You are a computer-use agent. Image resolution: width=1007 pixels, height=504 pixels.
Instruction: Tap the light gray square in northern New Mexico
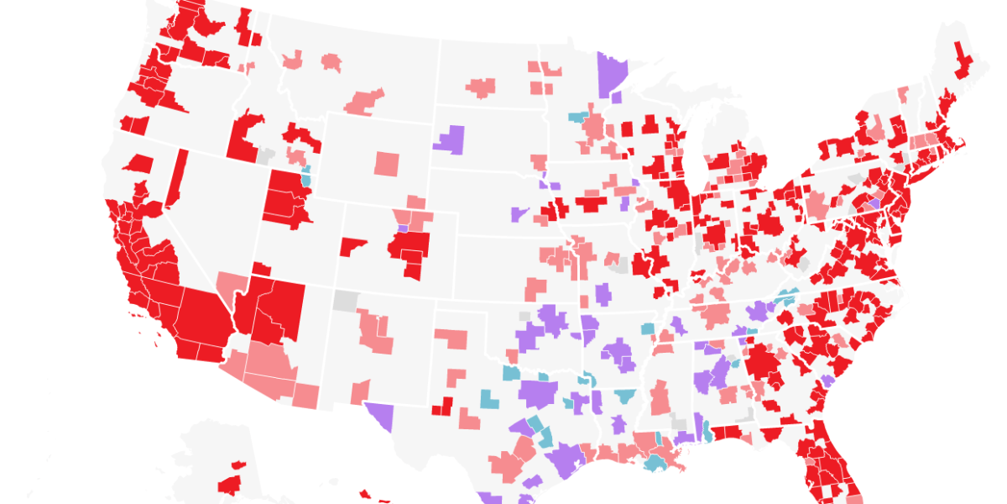[x=345, y=300]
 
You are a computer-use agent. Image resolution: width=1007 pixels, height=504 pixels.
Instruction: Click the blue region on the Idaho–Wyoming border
[x=306, y=177]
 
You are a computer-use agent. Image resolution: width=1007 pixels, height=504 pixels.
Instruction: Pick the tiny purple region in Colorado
[x=402, y=228]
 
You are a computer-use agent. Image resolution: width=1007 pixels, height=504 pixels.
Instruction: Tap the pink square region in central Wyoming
[x=388, y=162]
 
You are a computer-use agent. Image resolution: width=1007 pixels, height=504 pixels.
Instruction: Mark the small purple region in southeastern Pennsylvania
[x=874, y=203]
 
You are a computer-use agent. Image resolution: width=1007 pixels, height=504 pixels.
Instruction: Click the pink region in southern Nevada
[x=228, y=286]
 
